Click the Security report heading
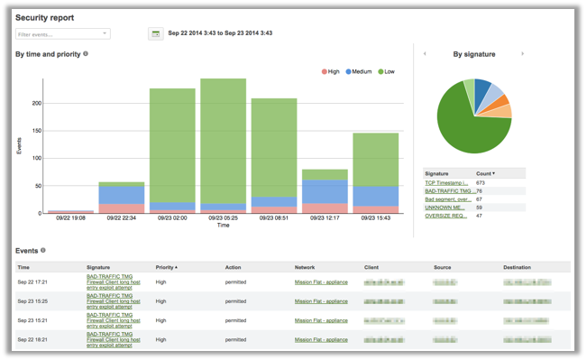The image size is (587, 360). click(45, 17)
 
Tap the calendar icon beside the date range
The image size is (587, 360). click(156, 34)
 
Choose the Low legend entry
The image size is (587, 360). click(387, 71)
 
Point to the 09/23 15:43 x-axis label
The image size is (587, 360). click(375, 218)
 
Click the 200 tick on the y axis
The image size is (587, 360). click(36, 103)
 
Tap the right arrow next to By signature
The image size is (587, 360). click(522, 54)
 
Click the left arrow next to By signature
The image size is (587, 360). click(425, 54)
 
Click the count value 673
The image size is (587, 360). click(482, 183)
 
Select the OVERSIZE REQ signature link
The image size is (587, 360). click(446, 216)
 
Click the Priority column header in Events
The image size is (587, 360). click(166, 268)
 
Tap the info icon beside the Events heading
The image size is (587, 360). click(43, 251)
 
